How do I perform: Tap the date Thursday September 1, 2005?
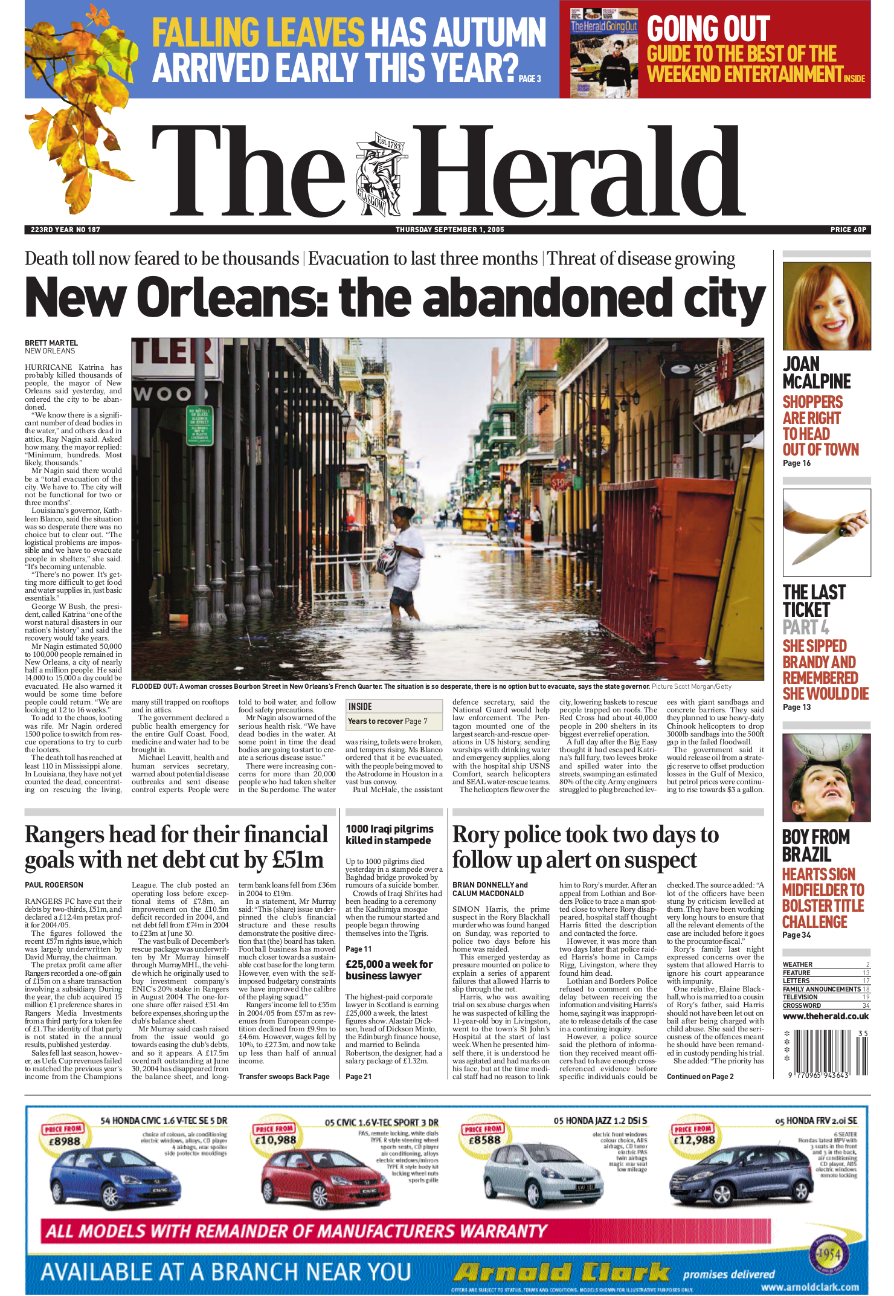[449, 230]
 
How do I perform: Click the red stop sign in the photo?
[560, 483]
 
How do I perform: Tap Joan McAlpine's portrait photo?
[826, 306]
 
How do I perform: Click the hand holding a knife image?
[826, 532]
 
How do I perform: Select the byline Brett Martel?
[51, 343]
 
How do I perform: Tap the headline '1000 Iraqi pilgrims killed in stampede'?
[389, 834]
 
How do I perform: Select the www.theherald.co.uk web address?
[826, 1016]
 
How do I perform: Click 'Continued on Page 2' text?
[699, 1077]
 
